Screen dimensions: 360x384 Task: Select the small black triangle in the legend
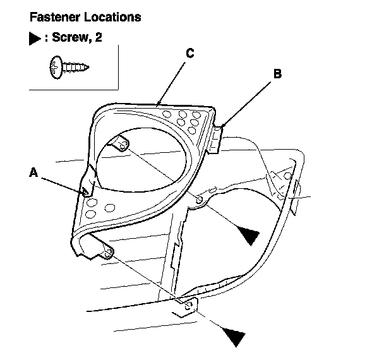[x=35, y=38]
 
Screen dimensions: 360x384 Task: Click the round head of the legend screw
[x=56, y=66]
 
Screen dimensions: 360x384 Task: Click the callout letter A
[x=34, y=171]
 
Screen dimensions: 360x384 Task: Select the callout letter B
[x=277, y=73]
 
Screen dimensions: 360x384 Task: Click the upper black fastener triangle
[x=247, y=236]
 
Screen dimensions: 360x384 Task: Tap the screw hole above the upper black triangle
[x=199, y=200]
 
